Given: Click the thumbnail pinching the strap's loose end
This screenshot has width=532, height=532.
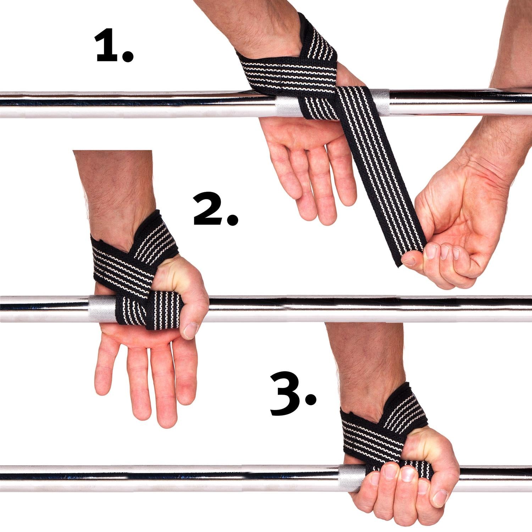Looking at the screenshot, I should [x=411, y=260].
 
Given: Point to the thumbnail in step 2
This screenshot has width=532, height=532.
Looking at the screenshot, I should [x=191, y=330].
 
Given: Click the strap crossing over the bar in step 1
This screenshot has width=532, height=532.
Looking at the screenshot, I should [x=355, y=106].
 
